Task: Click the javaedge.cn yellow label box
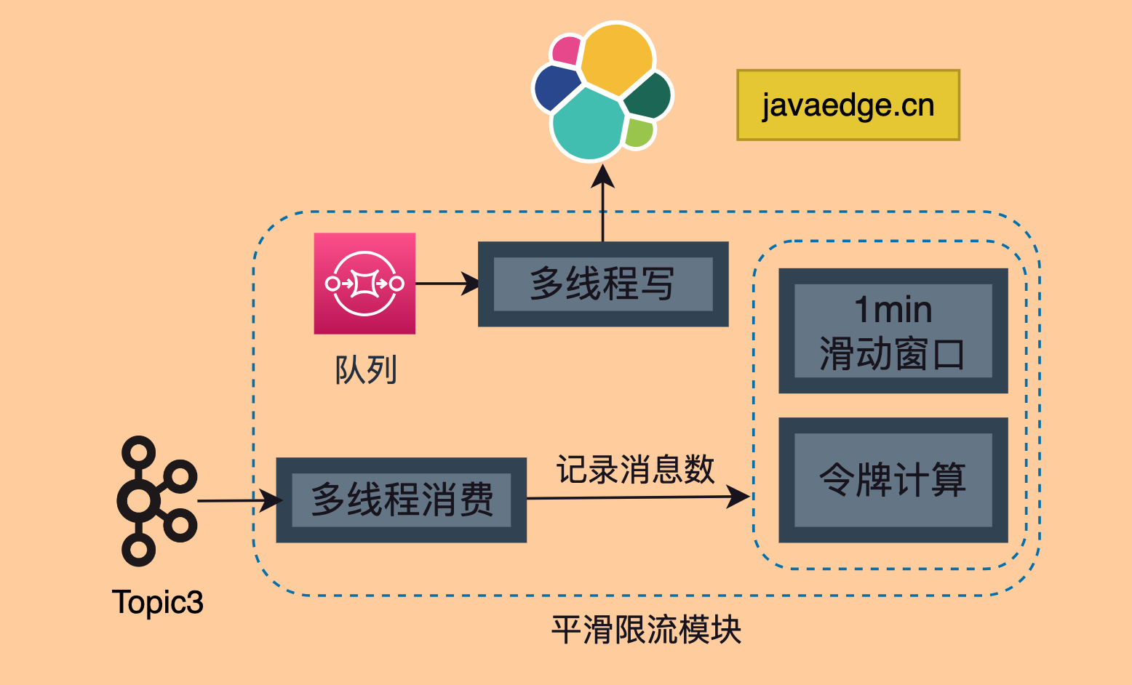pos(848,105)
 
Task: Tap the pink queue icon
pos(364,284)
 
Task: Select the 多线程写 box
pos(603,284)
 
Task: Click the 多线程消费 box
pos(402,500)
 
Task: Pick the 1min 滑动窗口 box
pos(893,331)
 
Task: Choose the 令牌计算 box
pos(893,480)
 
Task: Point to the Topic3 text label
pos(158,603)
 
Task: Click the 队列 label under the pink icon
pos(366,370)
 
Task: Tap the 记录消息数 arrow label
pos(635,469)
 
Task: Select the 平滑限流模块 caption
pos(646,630)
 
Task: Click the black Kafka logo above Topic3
pos(156,501)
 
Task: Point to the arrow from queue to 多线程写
pos(447,284)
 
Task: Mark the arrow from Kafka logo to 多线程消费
pos(239,500)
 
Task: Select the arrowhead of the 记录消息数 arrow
pos(738,497)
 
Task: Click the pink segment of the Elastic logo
pos(567,50)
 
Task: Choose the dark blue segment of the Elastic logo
pos(557,88)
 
